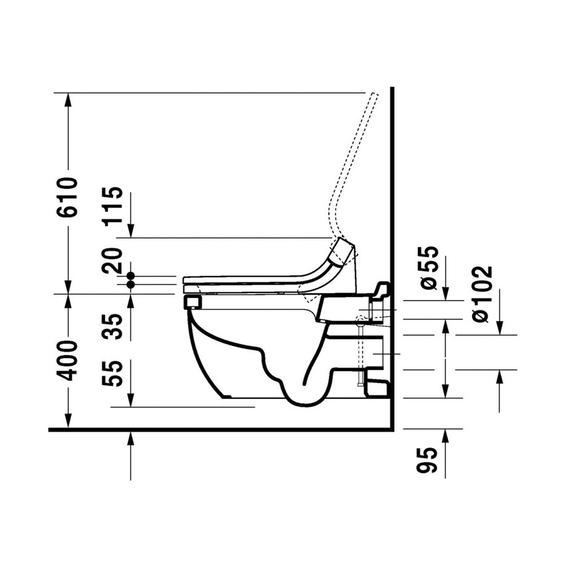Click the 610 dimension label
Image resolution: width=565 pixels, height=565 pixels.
pos(68,197)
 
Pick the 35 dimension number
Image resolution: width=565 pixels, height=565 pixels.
pos(114,328)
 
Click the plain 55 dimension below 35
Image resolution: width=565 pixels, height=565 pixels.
pos(114,375)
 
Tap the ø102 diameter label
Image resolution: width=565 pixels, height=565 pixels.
pos(484,294)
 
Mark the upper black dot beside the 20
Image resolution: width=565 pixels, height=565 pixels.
pos(131,275)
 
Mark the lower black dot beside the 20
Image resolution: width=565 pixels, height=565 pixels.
pos(131,284)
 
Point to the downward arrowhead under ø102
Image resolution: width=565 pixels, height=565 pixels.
pos(500,329)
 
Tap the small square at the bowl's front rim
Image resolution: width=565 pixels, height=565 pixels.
pos(193,302)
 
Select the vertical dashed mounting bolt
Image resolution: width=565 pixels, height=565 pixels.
pos(361,352)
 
